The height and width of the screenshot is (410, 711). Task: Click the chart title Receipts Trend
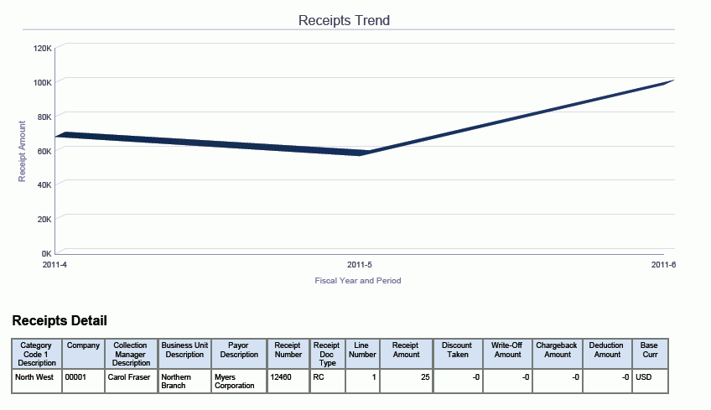point(344,20)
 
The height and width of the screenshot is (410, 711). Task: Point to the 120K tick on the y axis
point(43,48)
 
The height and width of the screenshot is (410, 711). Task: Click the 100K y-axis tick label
point(43,82)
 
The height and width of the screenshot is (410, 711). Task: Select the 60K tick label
point(44,150)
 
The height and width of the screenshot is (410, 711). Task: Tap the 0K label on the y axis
point(47,253)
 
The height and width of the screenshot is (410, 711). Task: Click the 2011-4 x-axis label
point(54,265)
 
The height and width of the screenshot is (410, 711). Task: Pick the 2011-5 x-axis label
point(360,265)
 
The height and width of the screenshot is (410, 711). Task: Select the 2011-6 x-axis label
point(663,265)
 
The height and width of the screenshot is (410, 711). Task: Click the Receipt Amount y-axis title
point(23,151)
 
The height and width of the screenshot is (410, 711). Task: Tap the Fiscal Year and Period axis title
point(357,281)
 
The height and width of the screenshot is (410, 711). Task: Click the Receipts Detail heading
point(60,321)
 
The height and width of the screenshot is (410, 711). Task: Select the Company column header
point(84,345)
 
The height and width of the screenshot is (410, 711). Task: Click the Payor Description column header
point(238,350)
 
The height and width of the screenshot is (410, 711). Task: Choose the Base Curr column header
point(649,350)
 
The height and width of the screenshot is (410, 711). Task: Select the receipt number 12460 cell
point(281,377)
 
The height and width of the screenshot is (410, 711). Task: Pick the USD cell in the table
point(644,377)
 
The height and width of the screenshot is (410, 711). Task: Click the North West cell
point(34,377)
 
